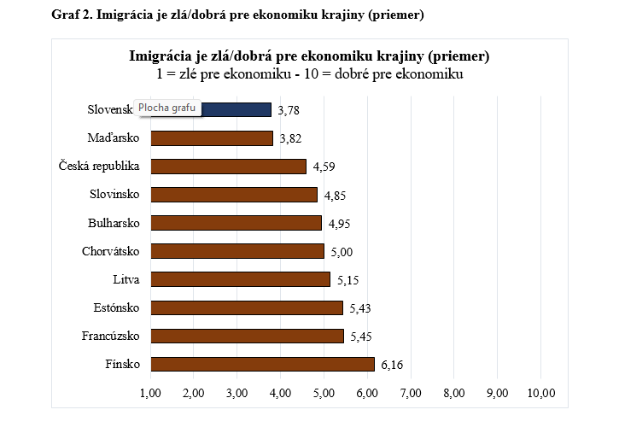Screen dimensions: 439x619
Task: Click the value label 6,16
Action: click(x=392, y=365)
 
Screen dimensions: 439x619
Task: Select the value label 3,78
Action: click(x=289, y=110)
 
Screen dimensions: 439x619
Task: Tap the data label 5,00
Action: click(x=342, y=252)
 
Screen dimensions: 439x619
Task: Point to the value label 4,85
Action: click(x=335, y=196)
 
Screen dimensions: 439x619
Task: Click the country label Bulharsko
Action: click(x=114, y=223)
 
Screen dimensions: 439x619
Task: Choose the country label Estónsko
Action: click(x=117, y=307)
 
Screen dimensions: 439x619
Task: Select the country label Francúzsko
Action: click(x=110, y=336)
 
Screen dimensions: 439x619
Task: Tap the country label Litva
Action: click(x=126, y=279)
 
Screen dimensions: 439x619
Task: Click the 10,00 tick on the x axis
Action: click(x=541, y=393)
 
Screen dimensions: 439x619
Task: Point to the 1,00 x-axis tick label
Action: click(x=150, y=393)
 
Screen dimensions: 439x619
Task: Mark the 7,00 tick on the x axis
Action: click(x=411, y=393)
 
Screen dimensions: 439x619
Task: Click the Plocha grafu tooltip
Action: click(x=167, y=108)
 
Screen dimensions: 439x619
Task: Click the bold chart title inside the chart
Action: click(x=309, y=57)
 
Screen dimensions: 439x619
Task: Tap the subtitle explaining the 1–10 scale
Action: click(x=309, y=74)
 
